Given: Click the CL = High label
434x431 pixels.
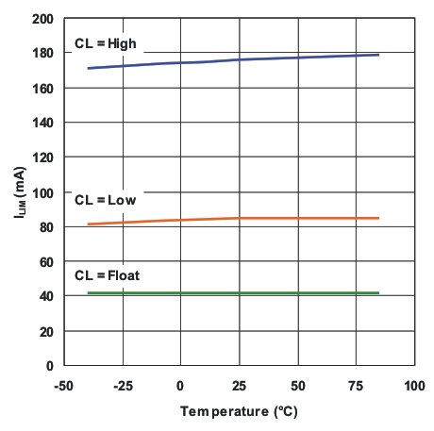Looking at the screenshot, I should click(106, 43).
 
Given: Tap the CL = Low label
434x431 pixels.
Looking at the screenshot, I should click(105, 200).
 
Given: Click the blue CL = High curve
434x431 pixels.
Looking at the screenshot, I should click(236, 59).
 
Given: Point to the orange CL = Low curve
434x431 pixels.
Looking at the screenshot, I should click(236, 218).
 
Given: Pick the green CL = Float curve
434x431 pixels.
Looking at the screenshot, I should click(236, 293).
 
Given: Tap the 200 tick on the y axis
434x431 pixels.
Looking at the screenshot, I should click(43, 19).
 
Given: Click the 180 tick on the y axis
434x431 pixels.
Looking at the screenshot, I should click(43, 54).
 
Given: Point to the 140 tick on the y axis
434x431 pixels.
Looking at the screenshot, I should click(43, 123).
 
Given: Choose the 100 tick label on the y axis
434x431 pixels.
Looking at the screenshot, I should click(43, 192).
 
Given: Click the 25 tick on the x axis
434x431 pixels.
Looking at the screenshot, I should click(239, 386).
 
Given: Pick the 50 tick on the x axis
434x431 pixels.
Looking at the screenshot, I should click(297, 386).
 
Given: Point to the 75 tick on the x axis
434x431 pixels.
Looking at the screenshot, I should click(356, 386).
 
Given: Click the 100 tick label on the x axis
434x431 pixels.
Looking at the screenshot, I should click(414, 386).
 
